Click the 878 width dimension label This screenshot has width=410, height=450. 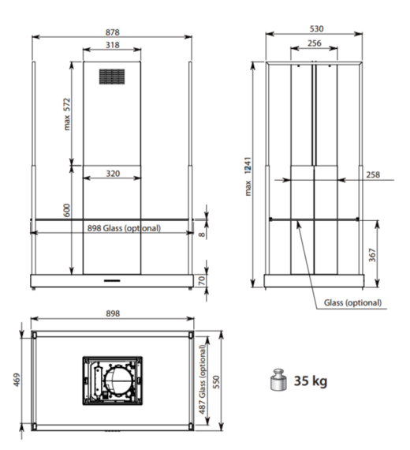click(x=112, y=32)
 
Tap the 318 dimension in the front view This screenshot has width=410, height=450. click(x=112, y=45)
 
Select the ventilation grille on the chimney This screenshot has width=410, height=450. click(x=112, y=77)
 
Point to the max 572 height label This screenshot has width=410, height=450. click(x=66, y=114)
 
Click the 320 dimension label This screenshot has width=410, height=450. click(x=113, y=174)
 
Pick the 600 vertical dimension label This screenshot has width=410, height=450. click(x=66, y=210)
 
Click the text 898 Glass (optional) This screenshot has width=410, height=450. click(x=124, y=228)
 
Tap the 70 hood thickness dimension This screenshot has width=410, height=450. click(x=202, y=280)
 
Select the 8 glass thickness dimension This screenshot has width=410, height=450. click(x=202, y=234)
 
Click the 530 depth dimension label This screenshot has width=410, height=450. click(x=316, y=28)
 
